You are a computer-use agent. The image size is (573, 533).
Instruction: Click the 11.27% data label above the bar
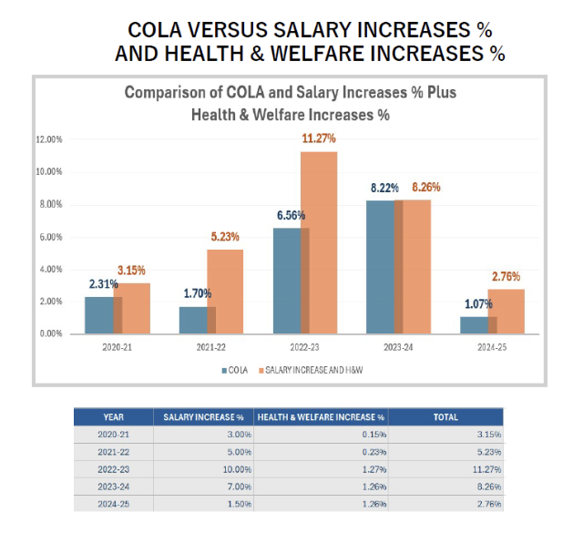(x=319, y=138)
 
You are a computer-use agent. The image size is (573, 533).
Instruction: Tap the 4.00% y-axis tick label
(x=48, y=269)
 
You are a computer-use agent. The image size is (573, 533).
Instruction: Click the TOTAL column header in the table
(x=445, y=417)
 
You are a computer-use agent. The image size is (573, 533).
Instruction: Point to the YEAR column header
(x=113, y=417)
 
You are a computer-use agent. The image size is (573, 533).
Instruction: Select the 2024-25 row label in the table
(x=113, y=504)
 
